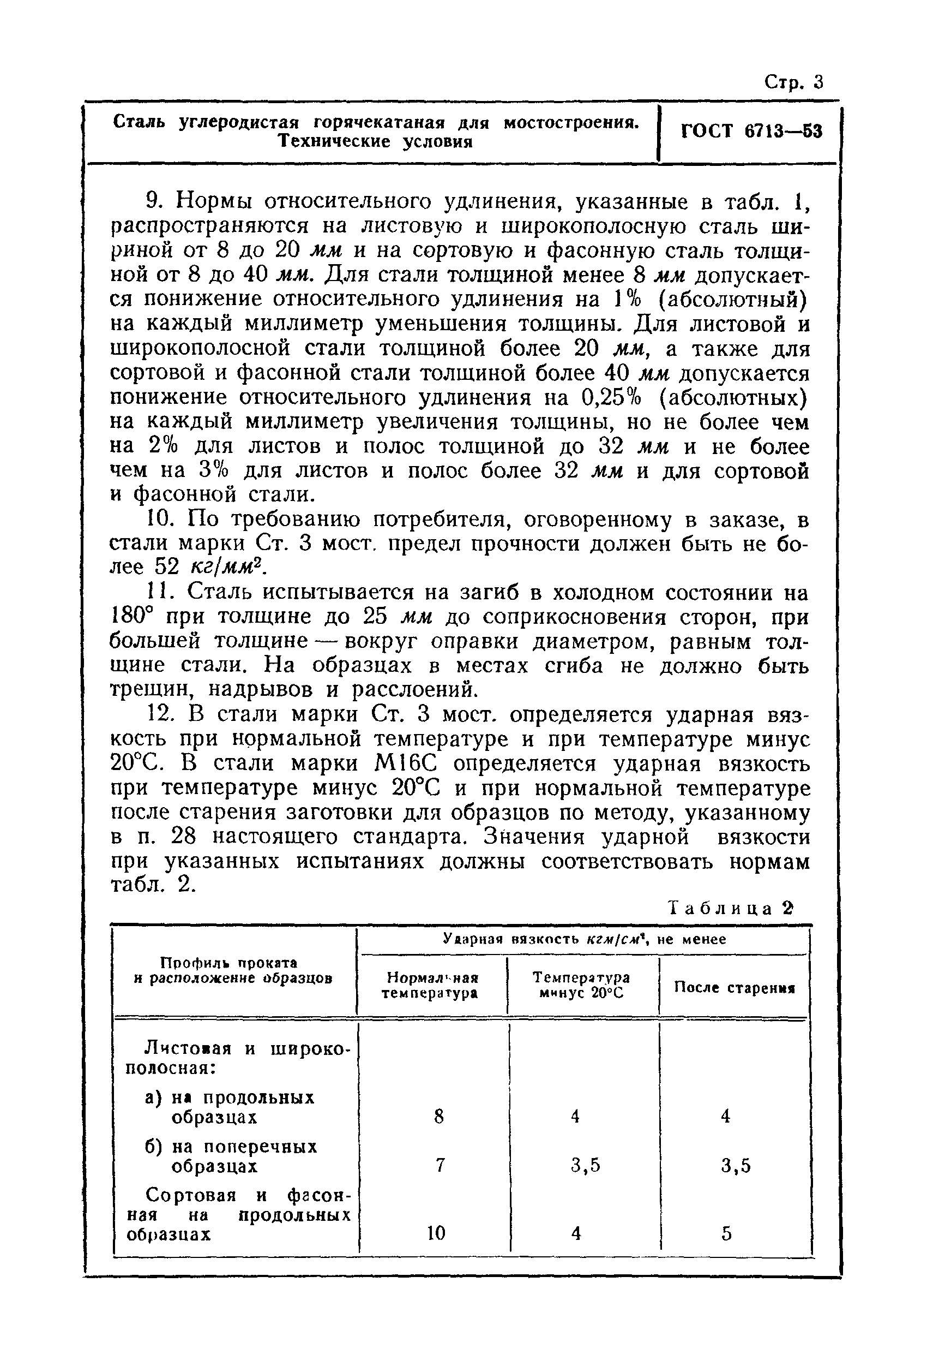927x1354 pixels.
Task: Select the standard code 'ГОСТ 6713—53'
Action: [751, 131]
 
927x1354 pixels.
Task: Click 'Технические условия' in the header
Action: [375, 141]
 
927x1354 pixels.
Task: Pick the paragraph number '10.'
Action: [156, 518]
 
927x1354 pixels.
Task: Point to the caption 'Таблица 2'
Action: [731, 909]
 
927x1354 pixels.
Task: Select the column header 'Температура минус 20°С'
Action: [581, 985]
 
